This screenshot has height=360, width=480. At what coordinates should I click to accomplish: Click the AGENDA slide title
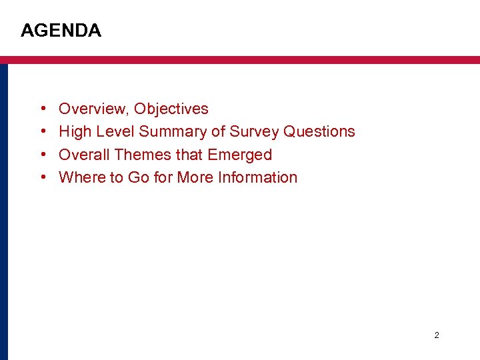(61, 31)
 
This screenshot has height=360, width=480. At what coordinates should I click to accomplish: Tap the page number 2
(437, 335)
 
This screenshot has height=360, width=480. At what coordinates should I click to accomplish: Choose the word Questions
(319, 132)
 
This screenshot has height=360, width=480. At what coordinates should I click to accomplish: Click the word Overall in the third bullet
(84, 155)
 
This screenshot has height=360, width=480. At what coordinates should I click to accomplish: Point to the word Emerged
(240, 155)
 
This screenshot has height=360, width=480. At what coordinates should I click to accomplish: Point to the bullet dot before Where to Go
(43, 177)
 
